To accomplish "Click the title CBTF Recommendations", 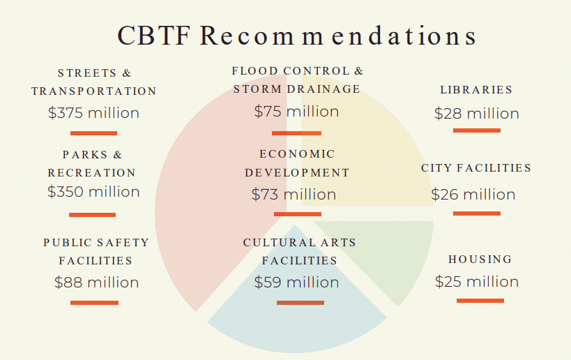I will point(297,36).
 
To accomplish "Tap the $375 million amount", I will point(93,112).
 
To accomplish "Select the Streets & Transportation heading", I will point(94,82).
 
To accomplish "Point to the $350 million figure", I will point(93,192).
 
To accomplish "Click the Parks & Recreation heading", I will point(92,163).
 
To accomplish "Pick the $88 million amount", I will point(96,283).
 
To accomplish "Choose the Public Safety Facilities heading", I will point(96,251).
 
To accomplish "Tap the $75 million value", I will point(296,112).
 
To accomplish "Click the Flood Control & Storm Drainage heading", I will point(298,80).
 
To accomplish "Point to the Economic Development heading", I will point(297,163).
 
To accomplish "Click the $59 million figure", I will point(296,283).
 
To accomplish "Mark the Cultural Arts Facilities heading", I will point(300,251).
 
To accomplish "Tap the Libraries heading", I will point(476,90).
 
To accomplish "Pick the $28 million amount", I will point(476,114).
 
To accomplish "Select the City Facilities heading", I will point(476,168).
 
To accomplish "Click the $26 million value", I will point(473,195).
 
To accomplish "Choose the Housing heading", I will point(480,260).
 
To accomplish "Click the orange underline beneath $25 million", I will point(480,300).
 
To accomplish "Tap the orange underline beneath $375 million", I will point(93,133).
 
